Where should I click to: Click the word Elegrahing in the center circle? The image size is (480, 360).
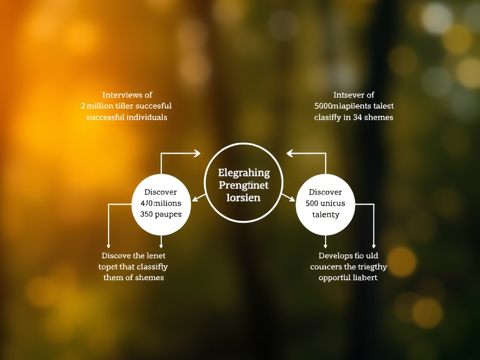coord(244,173)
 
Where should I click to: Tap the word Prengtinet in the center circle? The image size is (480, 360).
coord(244,185)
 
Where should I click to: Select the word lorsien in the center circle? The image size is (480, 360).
coord(243,197)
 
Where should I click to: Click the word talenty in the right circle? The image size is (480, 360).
coord(325,214)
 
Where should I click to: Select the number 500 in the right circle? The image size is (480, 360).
coord(312,203)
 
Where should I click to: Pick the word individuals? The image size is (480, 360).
coord(147,117)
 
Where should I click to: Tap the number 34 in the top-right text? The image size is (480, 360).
coord(360,117)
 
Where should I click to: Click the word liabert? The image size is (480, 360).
coord(365,277)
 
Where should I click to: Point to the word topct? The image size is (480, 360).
coord(108,267)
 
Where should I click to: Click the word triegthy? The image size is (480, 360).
coord(373,267)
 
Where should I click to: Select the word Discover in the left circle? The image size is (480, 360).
coord(161,192)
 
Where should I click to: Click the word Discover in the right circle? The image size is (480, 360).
coord(325,192)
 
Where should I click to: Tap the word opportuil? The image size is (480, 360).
coord(335,277)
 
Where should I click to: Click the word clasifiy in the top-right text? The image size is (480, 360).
coord(328,117)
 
